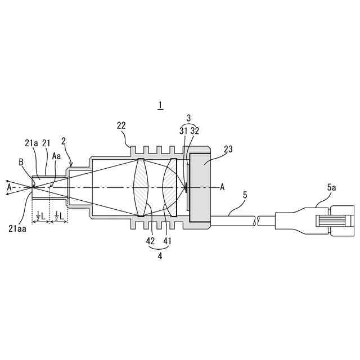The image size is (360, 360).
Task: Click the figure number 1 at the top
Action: (x=160, y=105)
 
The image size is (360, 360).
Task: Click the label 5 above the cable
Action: (x=245, y=195)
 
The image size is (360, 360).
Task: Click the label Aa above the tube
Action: (x=56, y=156)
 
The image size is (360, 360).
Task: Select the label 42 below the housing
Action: (x=150, y=241)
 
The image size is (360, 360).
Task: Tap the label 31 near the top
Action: (x=183, y=131)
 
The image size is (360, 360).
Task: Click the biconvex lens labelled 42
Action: (x=141, y=187)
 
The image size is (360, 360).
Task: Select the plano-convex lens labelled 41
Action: (x=170, y=187)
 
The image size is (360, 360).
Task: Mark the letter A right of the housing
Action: (x=222, y=187)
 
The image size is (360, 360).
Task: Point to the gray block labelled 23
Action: (x=200, y=187)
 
